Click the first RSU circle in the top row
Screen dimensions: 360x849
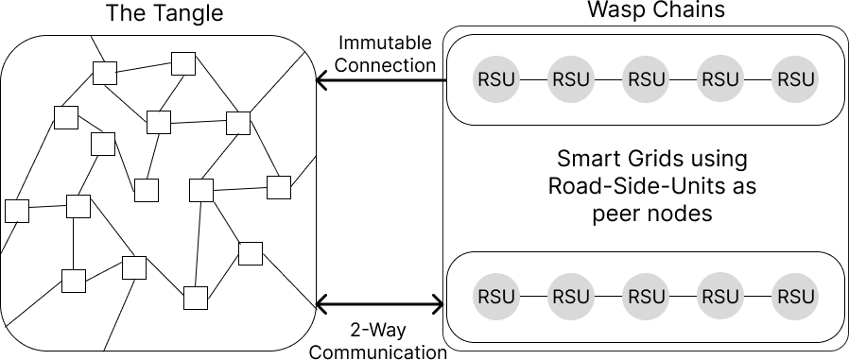point(497,79)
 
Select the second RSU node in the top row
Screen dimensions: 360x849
point(571,79)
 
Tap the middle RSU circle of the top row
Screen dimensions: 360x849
point(646,79)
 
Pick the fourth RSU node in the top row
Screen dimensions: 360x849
point(720,79)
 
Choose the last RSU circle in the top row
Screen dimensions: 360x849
point(795,79)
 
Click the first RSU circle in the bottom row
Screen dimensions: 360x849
point(497,297)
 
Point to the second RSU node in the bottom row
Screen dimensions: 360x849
point(571,297)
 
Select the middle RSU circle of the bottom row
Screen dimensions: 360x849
point(646,297)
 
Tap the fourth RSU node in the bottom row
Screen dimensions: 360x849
point(720,297)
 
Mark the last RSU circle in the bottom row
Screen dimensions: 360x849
point(795,297)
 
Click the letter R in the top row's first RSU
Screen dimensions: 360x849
point(484,79)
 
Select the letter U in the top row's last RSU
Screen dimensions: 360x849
point(808,79)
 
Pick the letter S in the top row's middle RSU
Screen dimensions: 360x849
point(646,79)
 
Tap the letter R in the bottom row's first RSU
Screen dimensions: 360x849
point(484,297)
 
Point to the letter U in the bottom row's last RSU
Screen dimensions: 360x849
point(808,297)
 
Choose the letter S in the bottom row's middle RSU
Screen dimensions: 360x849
point(646,297)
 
